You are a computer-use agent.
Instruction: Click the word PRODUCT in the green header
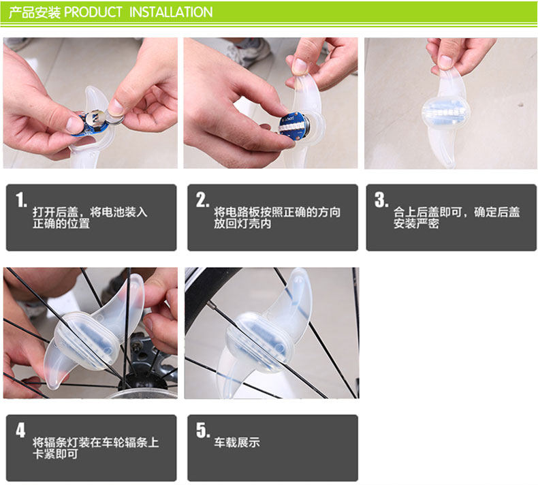pos(93,12)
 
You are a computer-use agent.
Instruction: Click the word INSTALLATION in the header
pos(171,12)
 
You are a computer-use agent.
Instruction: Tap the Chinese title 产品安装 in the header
pos(35,12)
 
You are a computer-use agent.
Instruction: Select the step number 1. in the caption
pos(21,200)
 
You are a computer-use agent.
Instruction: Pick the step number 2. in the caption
pos(202,200)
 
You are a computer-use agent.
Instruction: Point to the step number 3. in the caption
pos(381,200)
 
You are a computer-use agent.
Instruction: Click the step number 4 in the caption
pos(20,430)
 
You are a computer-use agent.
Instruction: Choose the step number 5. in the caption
pos(202,430)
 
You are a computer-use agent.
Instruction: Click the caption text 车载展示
pos(237,442)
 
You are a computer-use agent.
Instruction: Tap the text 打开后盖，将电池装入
pos(90,212)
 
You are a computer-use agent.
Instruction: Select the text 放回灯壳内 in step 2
pos(242,224)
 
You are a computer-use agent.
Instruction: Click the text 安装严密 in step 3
pos(416,224)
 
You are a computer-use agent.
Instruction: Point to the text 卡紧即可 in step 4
pos(56,454)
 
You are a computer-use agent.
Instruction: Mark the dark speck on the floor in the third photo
pos(521,104)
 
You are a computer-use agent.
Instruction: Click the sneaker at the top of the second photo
pos(244,50)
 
